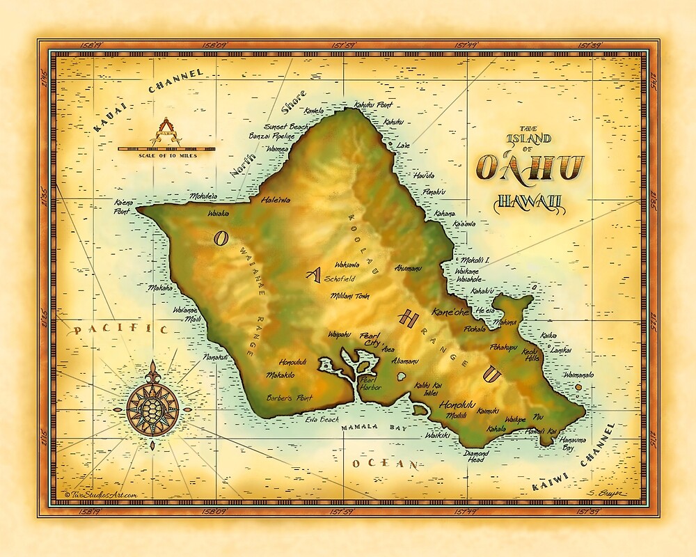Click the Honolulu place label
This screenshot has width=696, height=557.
[457, 404]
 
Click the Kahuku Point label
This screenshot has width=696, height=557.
[373, 105]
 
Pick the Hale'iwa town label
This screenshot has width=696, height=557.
[276, 200]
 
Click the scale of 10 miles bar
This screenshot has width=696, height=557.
[165, 148]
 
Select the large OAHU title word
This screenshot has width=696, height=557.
[530, 168]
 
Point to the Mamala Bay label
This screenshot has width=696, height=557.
[373, 426]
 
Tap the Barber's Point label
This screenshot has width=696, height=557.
[290, 398]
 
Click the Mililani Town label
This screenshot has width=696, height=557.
[350, 295]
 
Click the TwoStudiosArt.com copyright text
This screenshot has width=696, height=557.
[100, 494]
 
